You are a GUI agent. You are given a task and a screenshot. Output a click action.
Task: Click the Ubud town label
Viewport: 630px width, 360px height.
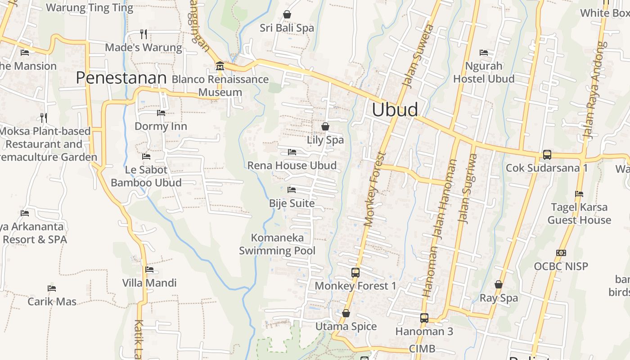(395, 109)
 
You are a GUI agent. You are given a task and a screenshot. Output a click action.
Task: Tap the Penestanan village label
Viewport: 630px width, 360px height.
(121, 78)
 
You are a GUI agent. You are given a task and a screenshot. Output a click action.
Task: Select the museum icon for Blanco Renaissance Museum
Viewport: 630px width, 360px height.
(220, 66)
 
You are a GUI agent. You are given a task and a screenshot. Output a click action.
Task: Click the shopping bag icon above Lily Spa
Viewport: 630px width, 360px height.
(325, 126)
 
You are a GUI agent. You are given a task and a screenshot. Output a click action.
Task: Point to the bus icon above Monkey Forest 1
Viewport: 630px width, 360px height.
(355, 272)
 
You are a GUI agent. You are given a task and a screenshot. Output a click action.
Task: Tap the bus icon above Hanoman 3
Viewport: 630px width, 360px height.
(424, 318)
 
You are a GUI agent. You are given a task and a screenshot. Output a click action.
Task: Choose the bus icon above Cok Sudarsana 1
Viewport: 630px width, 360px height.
(547, 154)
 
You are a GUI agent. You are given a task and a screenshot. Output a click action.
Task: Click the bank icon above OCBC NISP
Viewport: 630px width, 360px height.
(561, 253)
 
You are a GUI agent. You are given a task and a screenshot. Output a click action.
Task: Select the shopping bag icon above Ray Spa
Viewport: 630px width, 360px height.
(499, 284)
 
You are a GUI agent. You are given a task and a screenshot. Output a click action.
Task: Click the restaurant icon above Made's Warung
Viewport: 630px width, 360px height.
(144, 34)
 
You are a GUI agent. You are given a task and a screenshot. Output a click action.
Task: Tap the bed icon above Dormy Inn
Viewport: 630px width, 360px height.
(161, 113)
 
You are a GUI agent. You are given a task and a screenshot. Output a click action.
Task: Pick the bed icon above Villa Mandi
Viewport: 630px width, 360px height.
(149, 270)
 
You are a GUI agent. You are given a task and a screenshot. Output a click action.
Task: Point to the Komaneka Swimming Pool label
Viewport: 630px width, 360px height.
(277, 244)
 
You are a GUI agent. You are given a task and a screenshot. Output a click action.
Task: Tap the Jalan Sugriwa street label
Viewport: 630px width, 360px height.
(468, 188)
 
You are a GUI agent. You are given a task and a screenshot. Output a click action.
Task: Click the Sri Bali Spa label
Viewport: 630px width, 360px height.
(287, 28)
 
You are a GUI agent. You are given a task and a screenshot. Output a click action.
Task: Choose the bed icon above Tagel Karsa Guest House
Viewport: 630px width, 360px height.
(579, 194)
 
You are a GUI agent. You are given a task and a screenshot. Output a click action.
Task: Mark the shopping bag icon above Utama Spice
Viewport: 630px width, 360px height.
(346, 313)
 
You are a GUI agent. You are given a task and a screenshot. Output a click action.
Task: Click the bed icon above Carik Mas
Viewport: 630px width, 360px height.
(52, 288)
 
